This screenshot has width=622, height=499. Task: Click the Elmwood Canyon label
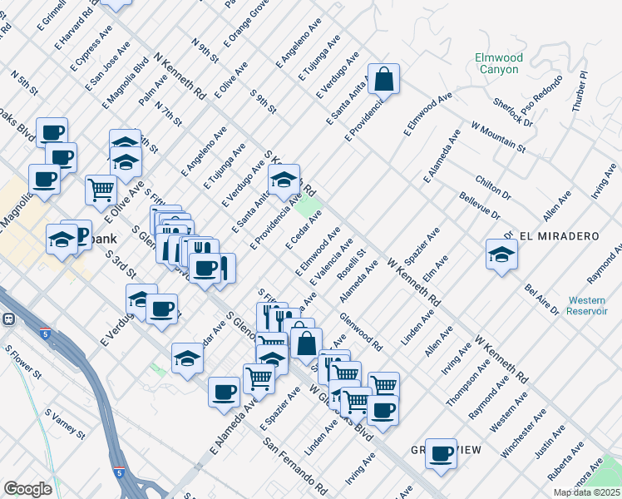(499, 64)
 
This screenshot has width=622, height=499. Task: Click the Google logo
(27, 489)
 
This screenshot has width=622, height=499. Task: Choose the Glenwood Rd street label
(361, 332)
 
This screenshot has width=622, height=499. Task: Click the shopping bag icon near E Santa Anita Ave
(383, 80)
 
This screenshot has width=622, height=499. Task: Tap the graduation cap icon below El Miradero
(502, 254)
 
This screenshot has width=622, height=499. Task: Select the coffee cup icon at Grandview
(441, 453)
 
